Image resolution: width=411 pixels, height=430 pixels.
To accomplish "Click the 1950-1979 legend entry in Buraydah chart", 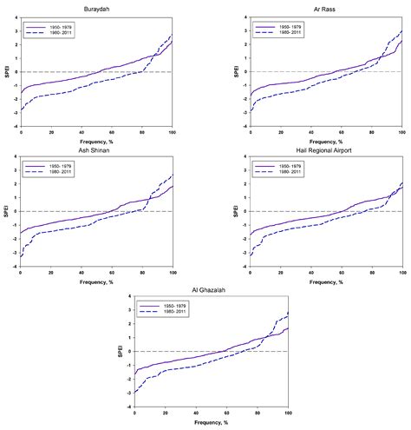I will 51,27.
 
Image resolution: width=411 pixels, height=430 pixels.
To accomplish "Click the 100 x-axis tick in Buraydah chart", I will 172,133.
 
